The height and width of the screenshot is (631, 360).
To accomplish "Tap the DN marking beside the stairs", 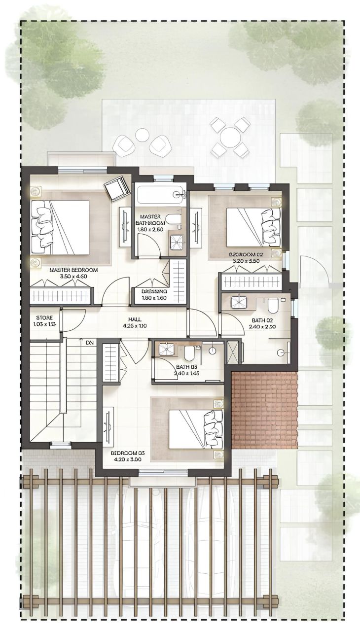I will (89, 342).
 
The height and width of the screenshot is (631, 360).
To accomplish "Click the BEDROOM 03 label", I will (127, 453).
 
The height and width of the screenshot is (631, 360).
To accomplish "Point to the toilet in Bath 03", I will (189, 352).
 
